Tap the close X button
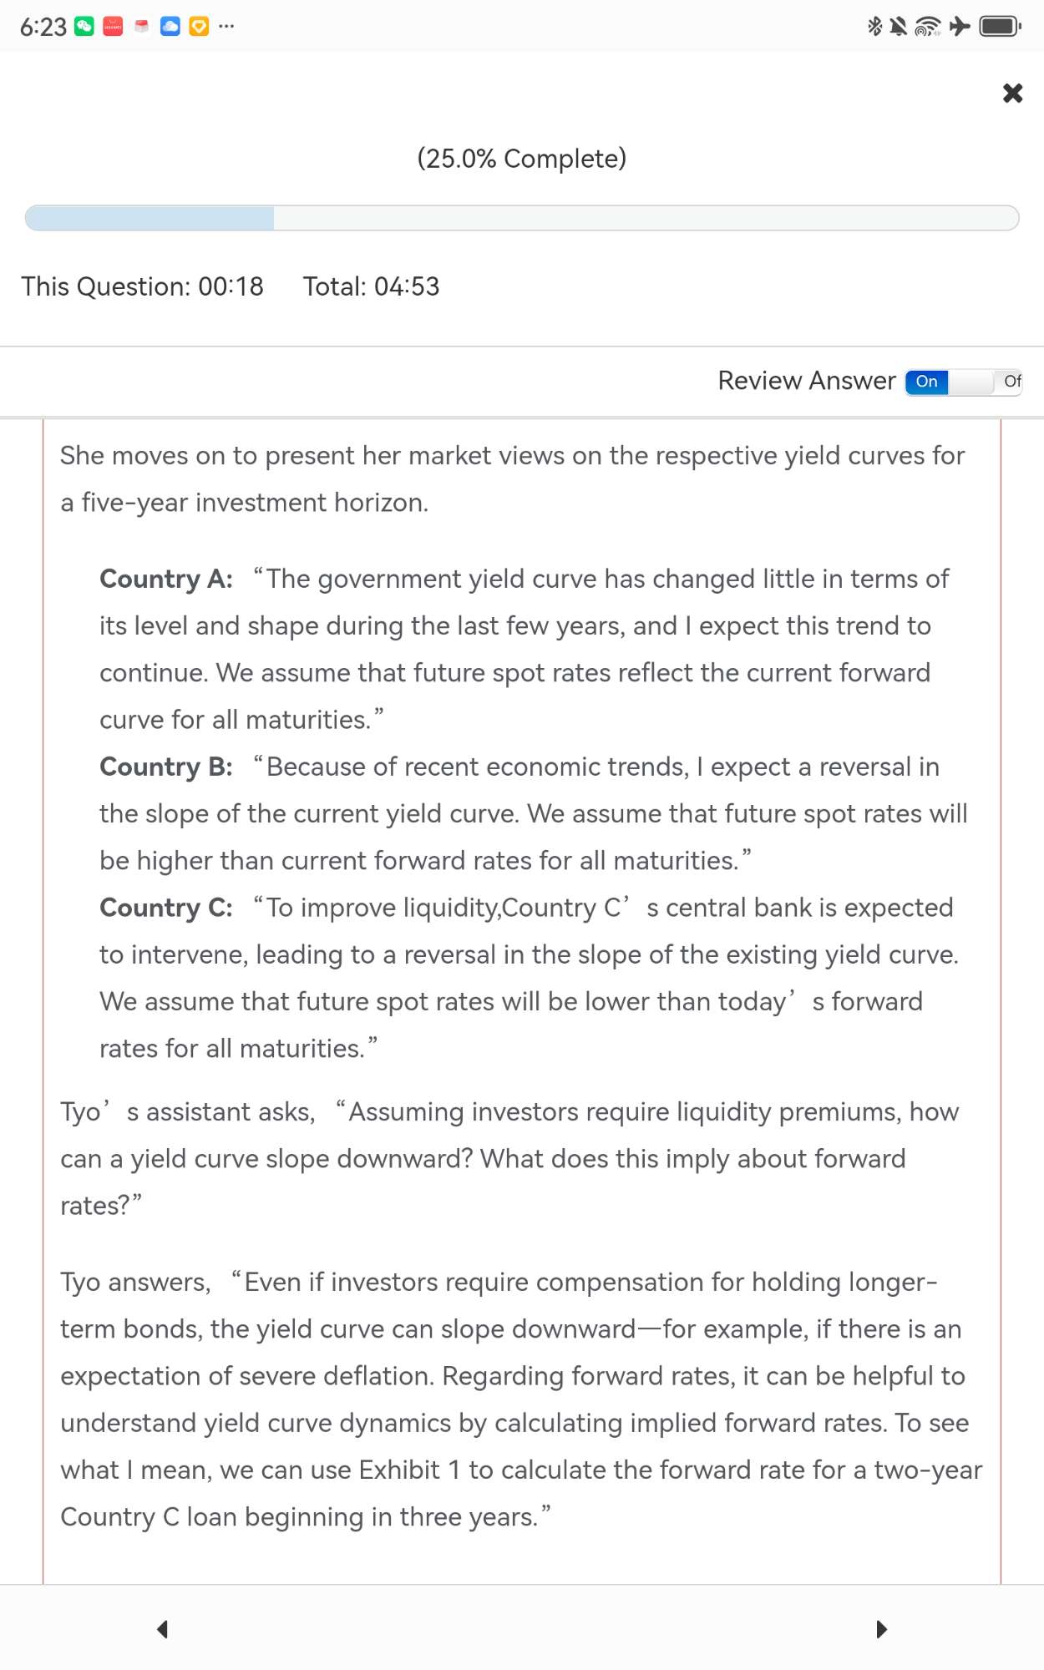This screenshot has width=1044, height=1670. tap(1012, 93)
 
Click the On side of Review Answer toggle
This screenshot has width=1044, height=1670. tap(927, 382)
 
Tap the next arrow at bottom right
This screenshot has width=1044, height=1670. tap(881, 1629)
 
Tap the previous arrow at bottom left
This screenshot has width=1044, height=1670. tap(163, 1629)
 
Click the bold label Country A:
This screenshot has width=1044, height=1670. tap(166, 579)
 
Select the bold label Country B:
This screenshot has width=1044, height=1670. tap(166, 767)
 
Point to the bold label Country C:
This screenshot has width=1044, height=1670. tap(166, 908)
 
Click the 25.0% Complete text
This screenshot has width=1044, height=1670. tap(522, 159)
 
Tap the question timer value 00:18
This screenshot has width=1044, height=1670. tap(231, 286)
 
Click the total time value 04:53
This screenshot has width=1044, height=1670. tap(407, 286)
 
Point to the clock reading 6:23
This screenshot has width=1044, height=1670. tap(43, 27)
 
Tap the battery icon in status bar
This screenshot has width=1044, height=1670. tap(1000, 27)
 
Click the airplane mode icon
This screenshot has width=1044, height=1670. tap(960, 27)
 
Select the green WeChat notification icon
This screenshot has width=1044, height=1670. tap(84, 27)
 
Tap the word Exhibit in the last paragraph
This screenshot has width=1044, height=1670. tap(399, 1470)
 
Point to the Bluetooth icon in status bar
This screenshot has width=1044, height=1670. tap(874, 27)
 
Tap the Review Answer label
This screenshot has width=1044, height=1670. tap(807, 381)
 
